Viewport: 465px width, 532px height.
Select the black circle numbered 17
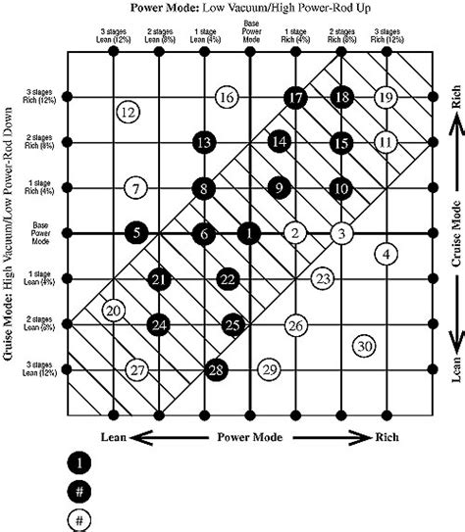[294, 97]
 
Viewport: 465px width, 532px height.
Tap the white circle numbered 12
[127, 112]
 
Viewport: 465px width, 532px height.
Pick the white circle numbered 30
[364, 346]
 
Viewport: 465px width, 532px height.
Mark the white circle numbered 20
[114, 312]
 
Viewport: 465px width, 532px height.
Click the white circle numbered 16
[226, 97]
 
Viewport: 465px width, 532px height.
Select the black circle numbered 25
[232, 323]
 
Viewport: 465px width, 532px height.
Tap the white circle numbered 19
[386, 97]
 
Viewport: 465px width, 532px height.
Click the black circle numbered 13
[203, 142]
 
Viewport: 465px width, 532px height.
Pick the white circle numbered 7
[138, 187]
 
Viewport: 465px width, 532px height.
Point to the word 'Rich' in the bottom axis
[389, 436]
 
